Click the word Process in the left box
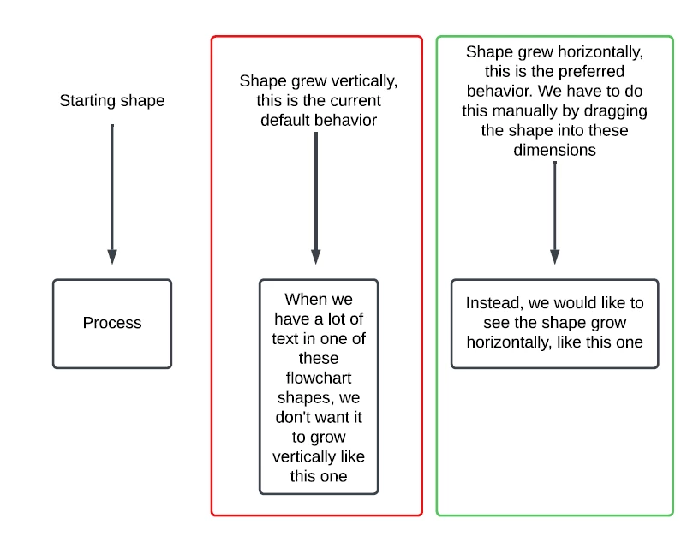click(x=112, y=324)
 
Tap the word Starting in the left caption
click(x=87, y=101)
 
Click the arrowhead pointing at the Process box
click(x=112, y=256)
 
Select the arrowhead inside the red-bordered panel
click(x=316, y=256)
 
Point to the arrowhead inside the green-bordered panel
click(x=555, y=256)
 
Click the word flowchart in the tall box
click(x=319, y=378)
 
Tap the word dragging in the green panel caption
click(x=619, y=111)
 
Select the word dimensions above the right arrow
click(x=554, y=151)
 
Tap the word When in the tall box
click(x=305, y=300)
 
